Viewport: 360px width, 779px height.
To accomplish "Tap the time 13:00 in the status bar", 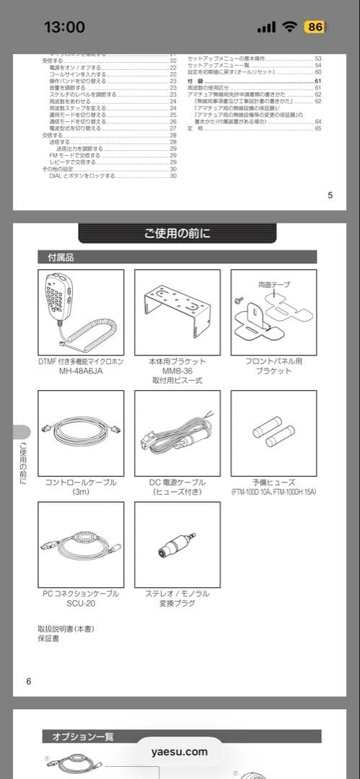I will (64, 27).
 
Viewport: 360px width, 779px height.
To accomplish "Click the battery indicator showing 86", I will (315, 27).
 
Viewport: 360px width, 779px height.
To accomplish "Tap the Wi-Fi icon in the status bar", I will (290, 27).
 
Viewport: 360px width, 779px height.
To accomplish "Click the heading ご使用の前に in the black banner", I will (177, 233).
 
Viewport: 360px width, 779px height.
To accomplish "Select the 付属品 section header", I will (61, 257).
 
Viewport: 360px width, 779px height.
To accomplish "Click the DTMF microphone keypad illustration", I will (80, 312).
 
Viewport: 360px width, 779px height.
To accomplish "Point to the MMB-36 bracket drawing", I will (177, 312).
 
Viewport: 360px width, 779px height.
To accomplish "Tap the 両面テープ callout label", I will (273, 285).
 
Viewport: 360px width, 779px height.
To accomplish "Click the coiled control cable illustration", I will (80, 433).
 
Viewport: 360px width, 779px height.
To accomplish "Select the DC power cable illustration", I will (177, 433).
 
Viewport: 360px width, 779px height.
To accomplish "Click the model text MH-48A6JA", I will (80, 371).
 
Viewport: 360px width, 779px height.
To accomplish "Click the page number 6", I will (29, 681).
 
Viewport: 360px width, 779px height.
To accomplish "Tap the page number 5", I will (330, 195).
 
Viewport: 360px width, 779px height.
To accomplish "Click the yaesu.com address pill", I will (180, 752).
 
